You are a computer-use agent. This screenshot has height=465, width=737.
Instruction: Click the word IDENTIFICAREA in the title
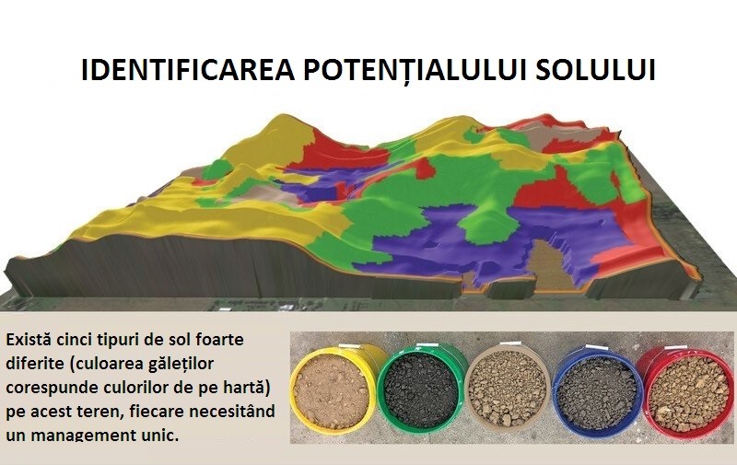pos(188,69)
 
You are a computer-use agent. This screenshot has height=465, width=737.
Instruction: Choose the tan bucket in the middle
pos(508,389)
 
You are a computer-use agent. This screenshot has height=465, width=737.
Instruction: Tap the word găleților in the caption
pos(183,364)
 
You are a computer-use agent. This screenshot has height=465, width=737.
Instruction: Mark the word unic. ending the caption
pos(165,434)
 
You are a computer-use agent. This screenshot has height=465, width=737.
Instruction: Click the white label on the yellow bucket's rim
pos(347,346)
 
